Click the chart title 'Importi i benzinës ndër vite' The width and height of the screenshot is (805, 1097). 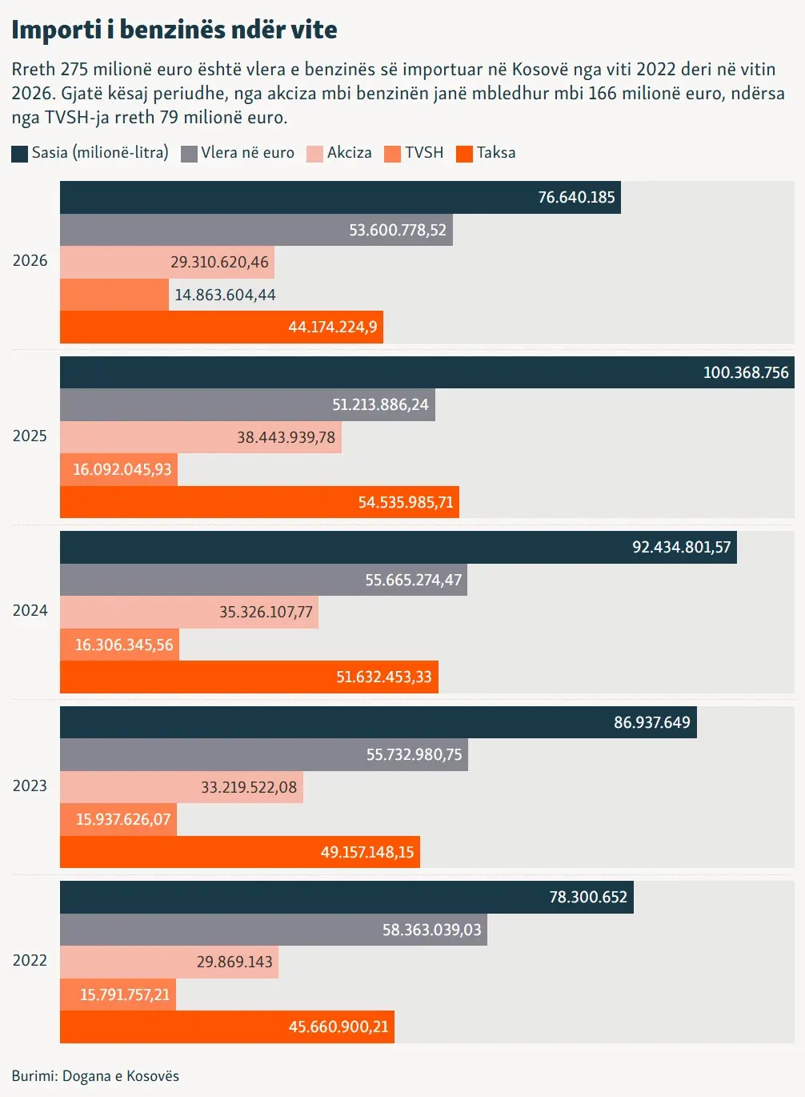click(x=174, y=30)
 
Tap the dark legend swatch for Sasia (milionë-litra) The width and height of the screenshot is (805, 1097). click(x=19, y=154)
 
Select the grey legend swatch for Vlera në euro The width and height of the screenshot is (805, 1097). click(x=189, y=154)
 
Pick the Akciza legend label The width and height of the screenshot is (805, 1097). click(x=350, y=152)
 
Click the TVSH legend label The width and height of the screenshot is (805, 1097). click(x=424, y=152)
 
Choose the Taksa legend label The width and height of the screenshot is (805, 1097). click(x=496, y=152)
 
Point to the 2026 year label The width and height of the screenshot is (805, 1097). click(x=30, y=260)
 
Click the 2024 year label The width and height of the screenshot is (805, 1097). click(x=30, y=611)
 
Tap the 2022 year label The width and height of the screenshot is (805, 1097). click(x=30, y=960)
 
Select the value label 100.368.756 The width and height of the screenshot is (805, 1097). click(x=746, y=372)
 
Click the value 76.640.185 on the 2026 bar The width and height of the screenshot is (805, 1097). click(x=576, y=197)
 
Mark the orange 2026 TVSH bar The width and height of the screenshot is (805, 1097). click(x=114, y=295)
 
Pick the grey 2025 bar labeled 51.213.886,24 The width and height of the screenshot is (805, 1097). click(x=247, y=404)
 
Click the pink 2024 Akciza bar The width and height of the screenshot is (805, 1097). click(x=190, y=613)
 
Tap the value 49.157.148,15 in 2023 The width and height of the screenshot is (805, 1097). click(x=367, y=852)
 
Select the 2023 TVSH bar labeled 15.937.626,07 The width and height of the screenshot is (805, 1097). click(x=118, y=820)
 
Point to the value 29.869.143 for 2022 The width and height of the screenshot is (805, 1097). click(x=234, y=962)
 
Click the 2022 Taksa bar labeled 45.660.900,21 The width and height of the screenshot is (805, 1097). click(x=227, y=1027)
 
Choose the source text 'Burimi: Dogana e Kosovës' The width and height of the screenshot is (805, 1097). click(x=95, y=1076)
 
